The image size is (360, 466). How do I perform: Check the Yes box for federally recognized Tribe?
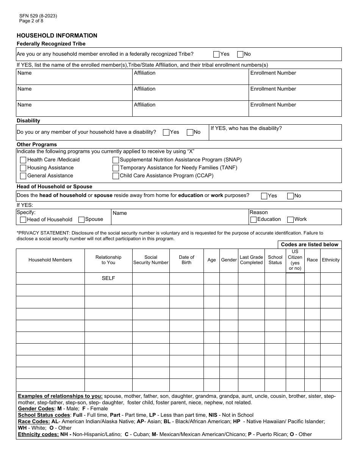(x=216, y=54)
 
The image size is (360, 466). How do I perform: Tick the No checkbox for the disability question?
(x=190, y=132)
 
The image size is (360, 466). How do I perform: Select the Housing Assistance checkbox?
(x=23, y=168)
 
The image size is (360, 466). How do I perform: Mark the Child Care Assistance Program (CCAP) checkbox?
(x=116, y=176)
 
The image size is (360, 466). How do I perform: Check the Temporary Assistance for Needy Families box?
(x=116, y=168)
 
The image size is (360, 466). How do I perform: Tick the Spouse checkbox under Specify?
(x=81, y=219)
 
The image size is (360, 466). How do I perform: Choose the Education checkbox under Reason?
(x=254, y=219)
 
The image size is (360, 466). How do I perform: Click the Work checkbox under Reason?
(x=291, y=219)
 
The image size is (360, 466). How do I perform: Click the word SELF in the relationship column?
(x=108, y=278)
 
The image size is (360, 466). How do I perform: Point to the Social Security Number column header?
(x=151, y=260)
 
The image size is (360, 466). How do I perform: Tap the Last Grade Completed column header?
(x=251, y=260)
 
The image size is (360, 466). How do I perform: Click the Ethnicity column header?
(x=331, y=260)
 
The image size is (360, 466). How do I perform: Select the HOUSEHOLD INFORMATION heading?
(x=57, y=36)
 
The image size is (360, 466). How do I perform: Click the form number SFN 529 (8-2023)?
(x=38, y=16)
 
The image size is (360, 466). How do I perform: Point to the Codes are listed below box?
(x=310, y=245)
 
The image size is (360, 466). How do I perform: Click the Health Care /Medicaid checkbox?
(x=23, y=160)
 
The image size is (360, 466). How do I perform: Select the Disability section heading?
(x=28, y=121)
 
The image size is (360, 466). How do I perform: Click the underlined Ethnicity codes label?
(x=38, y=434)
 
